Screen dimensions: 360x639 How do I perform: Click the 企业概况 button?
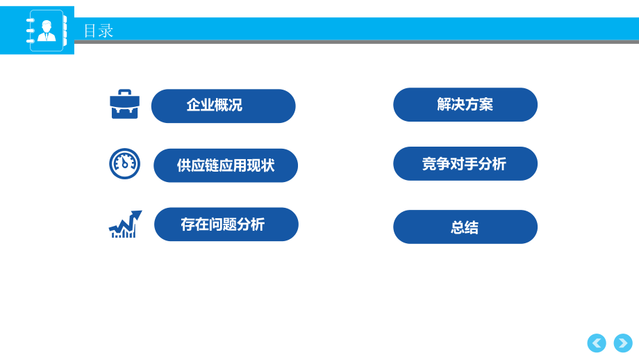coord(223,106)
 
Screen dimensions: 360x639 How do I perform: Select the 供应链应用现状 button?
coord(226,165)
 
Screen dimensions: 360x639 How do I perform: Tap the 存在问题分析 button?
coord(226,224)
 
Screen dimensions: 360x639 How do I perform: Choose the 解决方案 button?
coord(465,105)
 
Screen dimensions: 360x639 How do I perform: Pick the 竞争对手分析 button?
coord(465,164)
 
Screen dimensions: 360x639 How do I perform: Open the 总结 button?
coord(465,227)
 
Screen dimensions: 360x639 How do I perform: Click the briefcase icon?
coord(125,104)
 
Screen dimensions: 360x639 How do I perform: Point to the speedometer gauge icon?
coord(125,163)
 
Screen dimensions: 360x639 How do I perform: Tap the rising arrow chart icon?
coord(125,224)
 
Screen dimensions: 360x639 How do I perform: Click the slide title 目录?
coord(98,31)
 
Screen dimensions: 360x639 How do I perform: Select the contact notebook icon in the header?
coord(46,31)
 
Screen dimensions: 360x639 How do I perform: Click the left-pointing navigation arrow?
coord(597,343)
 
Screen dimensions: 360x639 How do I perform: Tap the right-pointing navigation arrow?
coord(623,343)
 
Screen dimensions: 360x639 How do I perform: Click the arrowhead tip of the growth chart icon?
coord(138,213)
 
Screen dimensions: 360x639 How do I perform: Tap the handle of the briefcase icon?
coord(125,92)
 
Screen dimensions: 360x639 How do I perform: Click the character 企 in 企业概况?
coord(193,106)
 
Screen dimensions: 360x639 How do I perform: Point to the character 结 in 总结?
coord(472,227)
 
